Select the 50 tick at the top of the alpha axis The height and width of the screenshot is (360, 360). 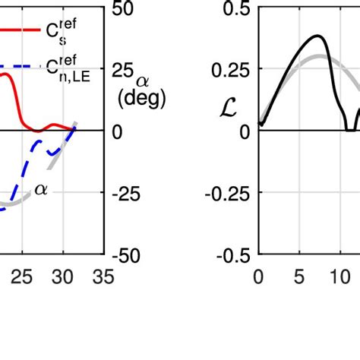click(124, 8)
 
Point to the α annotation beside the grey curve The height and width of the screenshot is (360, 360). click(40, 190)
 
